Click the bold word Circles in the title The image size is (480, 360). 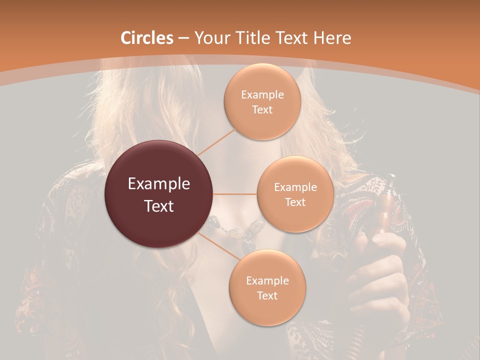coord(147,38)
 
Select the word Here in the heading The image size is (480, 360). coord(332,38)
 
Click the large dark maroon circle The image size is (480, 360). coord(158,194)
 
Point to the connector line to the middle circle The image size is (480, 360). coord(234,194)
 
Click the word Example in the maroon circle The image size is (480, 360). coord(158,184)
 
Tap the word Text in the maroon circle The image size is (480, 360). coord(158,206)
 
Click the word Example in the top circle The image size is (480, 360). coord(262,95)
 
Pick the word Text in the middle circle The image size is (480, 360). coord(295,202)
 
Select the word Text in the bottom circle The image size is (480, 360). coord(267,295)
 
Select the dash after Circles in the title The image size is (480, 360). coord(183,38)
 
